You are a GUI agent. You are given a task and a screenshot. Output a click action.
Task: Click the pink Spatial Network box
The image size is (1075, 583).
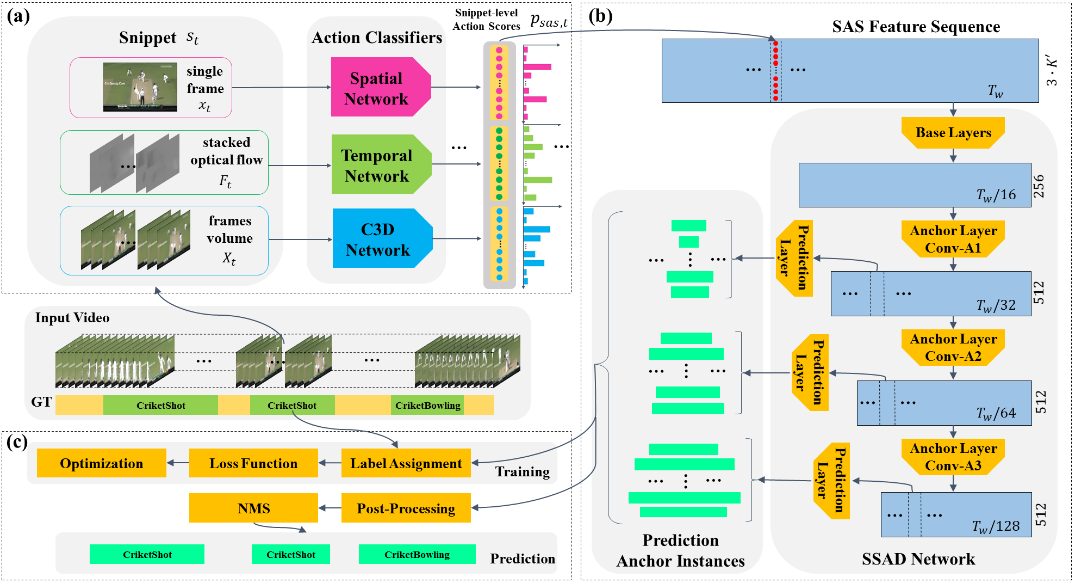click(376, 88)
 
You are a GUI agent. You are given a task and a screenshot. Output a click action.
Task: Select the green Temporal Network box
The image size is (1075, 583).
click(377, 165)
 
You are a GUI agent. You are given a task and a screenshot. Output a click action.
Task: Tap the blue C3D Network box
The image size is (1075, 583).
click(378, 239)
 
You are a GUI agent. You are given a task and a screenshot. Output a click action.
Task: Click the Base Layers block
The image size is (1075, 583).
click(953, 133)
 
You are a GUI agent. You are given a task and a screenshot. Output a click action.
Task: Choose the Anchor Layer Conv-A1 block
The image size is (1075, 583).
click(953, 239)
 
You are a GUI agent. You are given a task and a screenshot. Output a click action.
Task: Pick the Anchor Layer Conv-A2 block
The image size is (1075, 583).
click(953, 347)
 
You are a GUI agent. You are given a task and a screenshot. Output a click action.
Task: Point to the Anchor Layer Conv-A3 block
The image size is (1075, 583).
click(953, 457)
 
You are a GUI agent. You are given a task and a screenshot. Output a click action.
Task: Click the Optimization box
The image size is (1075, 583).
click(102, 463)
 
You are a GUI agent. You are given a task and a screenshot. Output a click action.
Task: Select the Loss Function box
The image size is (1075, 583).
click(253, 463)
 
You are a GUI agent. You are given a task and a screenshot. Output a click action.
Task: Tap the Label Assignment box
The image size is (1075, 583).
click(406, 463)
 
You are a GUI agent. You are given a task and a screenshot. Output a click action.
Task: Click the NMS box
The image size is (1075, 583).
click(253, 508)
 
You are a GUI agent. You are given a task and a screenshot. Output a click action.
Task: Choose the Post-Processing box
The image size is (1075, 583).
click(406, 508)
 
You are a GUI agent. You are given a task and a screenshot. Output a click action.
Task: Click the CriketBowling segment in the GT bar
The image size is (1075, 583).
click(427, 406)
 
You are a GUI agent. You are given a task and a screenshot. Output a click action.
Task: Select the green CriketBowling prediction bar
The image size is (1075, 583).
click(417, 555)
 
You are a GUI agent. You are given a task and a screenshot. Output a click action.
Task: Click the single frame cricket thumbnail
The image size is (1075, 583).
click(140, 87)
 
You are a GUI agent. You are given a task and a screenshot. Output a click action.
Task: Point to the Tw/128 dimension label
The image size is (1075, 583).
click(996, 526)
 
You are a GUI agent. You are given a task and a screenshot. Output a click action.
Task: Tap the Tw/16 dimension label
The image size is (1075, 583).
click(996, 195)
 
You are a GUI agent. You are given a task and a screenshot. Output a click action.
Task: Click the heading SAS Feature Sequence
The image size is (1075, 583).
click(916, 27)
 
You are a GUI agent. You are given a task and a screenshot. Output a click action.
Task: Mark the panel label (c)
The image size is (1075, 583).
click(17, 442)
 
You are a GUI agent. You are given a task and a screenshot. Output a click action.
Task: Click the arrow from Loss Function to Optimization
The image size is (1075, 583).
click(178, 463)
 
